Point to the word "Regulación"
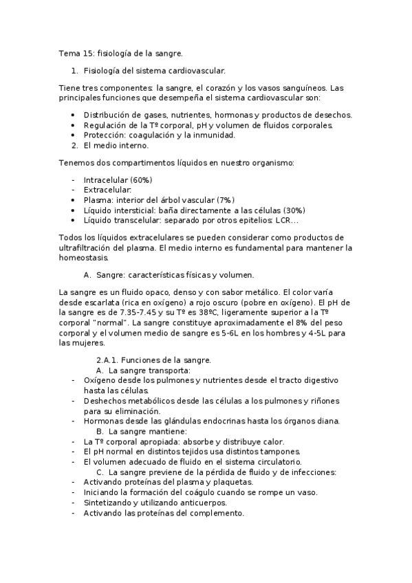coord(104,125)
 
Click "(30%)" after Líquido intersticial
coord(291,210)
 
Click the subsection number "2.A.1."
coord(108,360)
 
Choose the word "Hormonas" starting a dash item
coord(102,421)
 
